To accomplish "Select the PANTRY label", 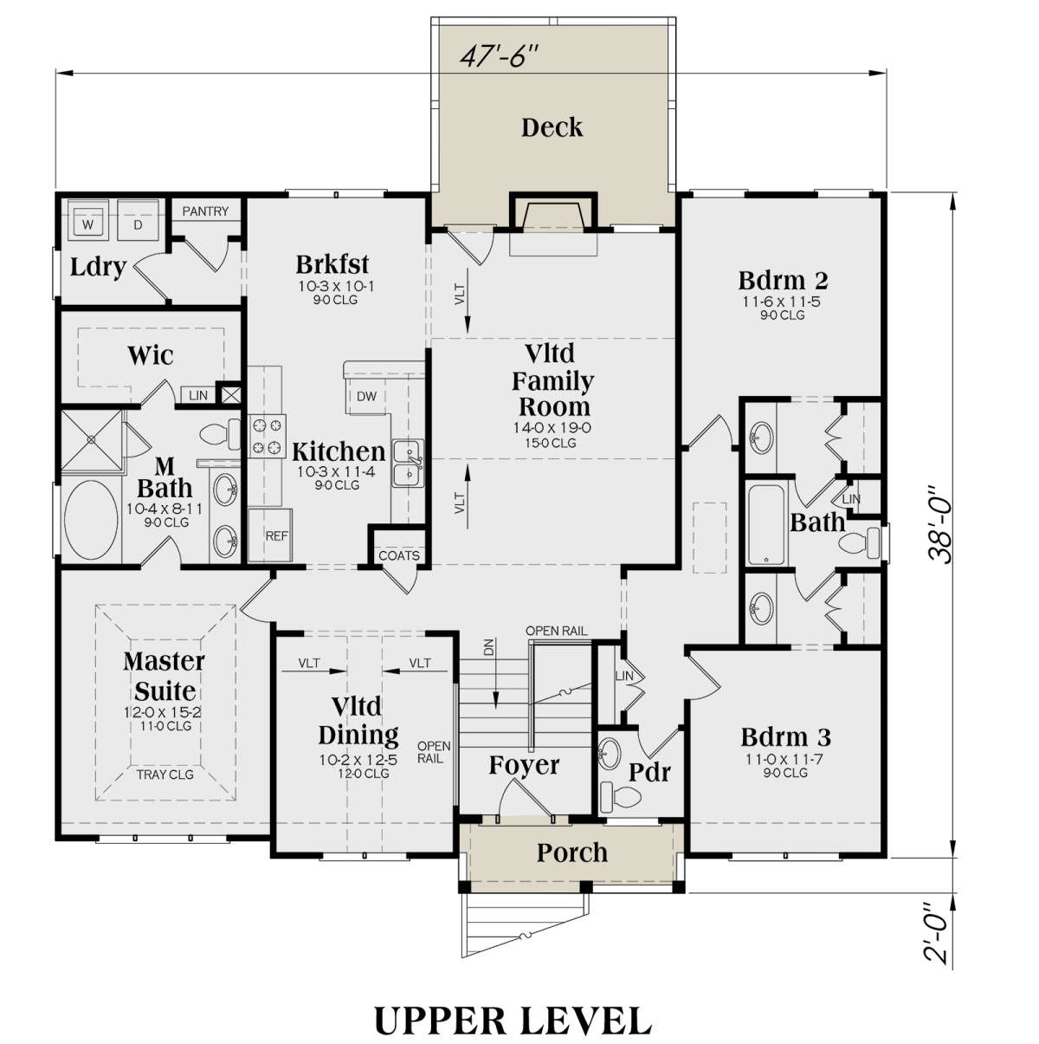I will pyautogui.click(x=205, y=211).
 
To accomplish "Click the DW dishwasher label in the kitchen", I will pyautogui.click(x=366, y=396).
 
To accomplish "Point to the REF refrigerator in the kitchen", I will pyautogui.click(x=276, y=536).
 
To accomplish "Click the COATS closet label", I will pyautogui.click(x=399, y=555).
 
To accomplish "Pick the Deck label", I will pyautogui.click(x=552, y=128).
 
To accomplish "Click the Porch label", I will pyautogui.click(x=571, y=853).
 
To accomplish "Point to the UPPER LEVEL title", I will pyautogui.click(x=513, y=1021).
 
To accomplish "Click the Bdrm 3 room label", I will pyautogui.click(x=785, y=737).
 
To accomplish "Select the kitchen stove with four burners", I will pyautogui.click(x=268, y=436).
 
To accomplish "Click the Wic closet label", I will pyautogui.click(x=151, y=355).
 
